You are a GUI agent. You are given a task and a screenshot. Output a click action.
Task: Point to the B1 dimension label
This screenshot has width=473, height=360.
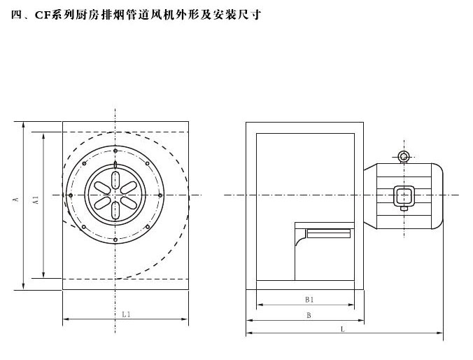pyautogui.click(x=309, y=299)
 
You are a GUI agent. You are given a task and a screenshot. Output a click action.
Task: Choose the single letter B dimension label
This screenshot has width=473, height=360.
pyautogui.click(x=309, y=316)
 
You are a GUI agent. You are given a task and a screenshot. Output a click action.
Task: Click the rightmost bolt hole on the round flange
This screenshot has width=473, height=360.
pyautogui.click(x=161, y=195)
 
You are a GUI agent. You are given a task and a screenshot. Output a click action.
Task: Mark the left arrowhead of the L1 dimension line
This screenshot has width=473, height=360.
pyautogui.click(x=66, y=319)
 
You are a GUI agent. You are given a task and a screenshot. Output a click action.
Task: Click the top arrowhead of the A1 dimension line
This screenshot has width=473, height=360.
pyautogui.click(x=43, y=134)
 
